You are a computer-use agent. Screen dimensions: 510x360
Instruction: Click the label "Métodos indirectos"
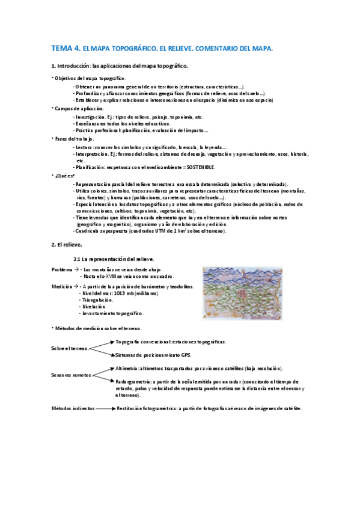73,408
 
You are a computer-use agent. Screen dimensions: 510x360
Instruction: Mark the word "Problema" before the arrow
61,270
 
